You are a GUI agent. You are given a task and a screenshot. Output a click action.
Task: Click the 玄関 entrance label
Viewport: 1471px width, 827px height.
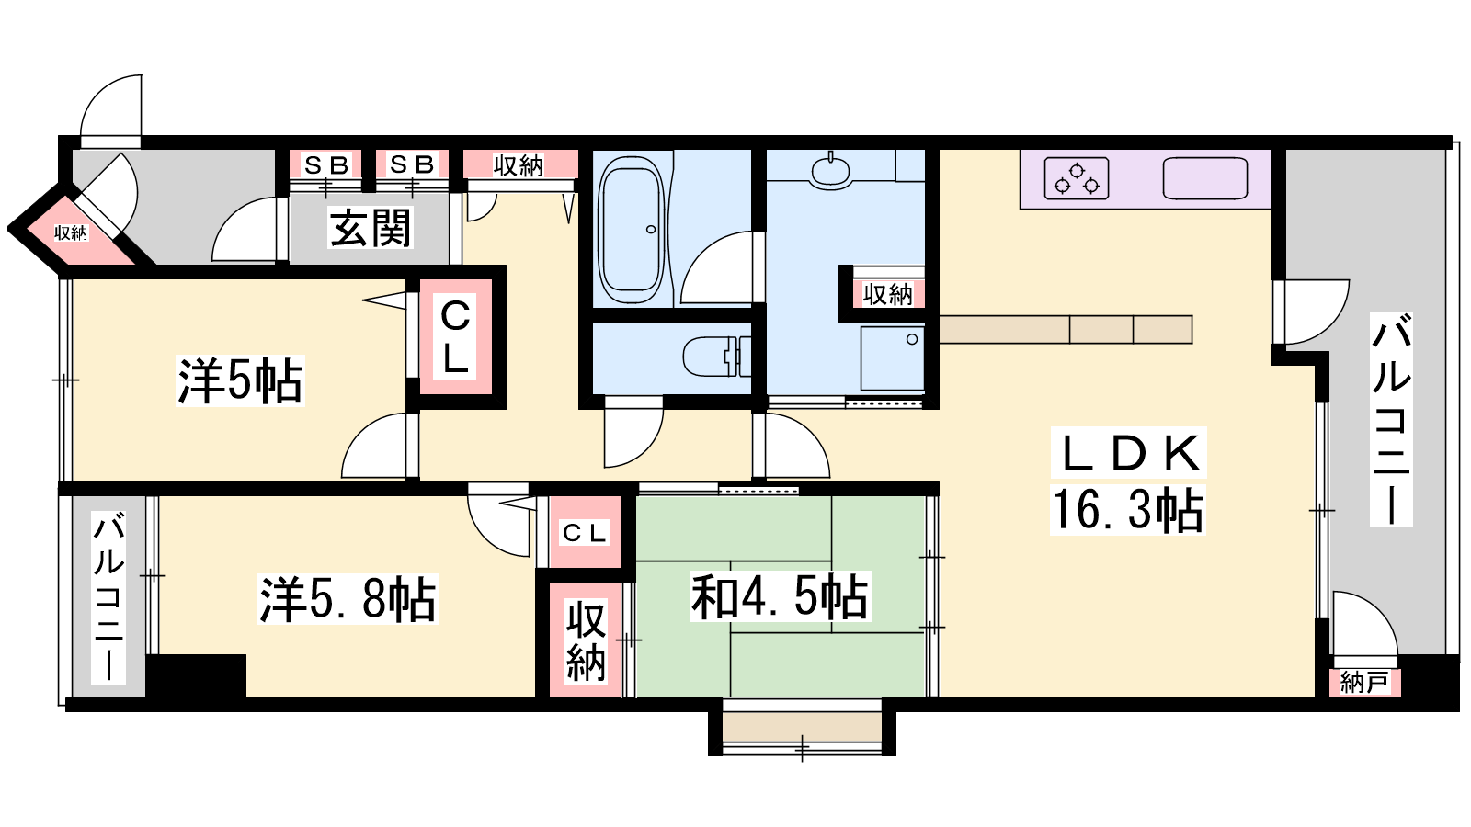(x=371, y=228)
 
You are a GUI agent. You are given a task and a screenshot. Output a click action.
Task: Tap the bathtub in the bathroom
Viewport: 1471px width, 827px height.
(x=632, y=230)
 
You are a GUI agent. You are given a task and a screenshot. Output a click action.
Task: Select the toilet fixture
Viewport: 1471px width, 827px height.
(x=716, y=357)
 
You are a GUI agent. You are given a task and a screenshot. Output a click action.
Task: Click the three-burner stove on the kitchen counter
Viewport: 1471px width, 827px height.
(x=1077, y=178)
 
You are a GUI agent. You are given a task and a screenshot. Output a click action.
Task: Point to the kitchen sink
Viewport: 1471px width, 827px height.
(x=1205, y=178)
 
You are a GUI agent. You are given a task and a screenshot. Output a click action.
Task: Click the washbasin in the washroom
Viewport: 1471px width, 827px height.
(x=831, y=171)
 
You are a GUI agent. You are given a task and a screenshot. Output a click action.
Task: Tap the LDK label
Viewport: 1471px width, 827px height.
(x=1128, y=454)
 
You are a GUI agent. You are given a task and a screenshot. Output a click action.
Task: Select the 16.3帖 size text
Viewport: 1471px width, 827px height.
(x=1127, y=510)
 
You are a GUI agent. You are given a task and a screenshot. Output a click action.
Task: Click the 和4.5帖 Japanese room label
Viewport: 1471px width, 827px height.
(x=781, y=596)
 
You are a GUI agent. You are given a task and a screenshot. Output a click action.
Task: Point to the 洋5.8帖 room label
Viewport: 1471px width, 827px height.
(x=348, y=598)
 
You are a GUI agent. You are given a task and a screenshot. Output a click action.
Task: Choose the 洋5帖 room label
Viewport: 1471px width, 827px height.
(x=240, y=380)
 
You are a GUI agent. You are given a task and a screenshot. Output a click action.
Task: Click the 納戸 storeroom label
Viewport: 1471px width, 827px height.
(x=1364, y=683)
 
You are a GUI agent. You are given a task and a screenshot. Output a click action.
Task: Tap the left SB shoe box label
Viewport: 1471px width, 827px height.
(x=325, y=164)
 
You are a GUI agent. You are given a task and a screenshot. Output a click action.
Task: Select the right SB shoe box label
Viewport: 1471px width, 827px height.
(x=412, y=164)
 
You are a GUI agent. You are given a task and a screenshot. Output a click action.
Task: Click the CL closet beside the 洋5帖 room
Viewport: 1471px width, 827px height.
(x=456, y=336)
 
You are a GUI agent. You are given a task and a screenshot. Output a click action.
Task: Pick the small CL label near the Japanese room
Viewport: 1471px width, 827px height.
(x=585, y=533)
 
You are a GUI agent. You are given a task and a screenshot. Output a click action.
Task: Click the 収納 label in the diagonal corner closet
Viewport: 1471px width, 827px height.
(x=71, y=232)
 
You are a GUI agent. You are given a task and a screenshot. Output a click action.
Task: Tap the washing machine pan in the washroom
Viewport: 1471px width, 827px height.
(x=893, y=358)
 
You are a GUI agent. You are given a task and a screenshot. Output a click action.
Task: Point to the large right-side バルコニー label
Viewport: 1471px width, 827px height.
(x=1391, y=419)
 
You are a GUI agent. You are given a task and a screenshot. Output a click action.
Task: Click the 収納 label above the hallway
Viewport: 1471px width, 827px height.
(x=519, y=166)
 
